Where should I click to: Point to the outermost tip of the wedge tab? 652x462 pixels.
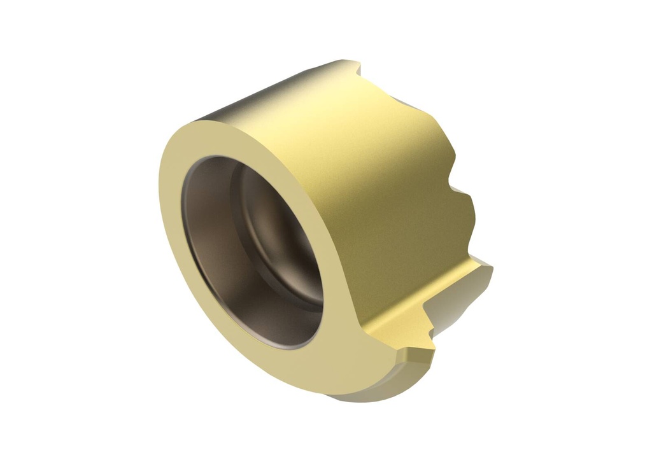(490, 267)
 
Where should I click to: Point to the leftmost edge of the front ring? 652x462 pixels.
(160, 191)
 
